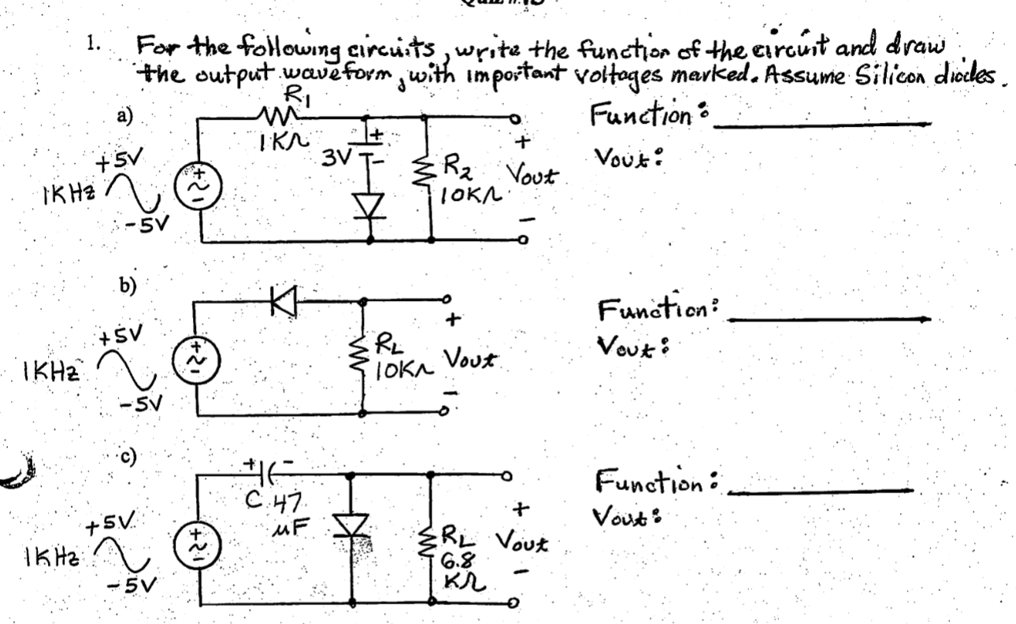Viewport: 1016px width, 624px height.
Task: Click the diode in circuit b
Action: point(281,301)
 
